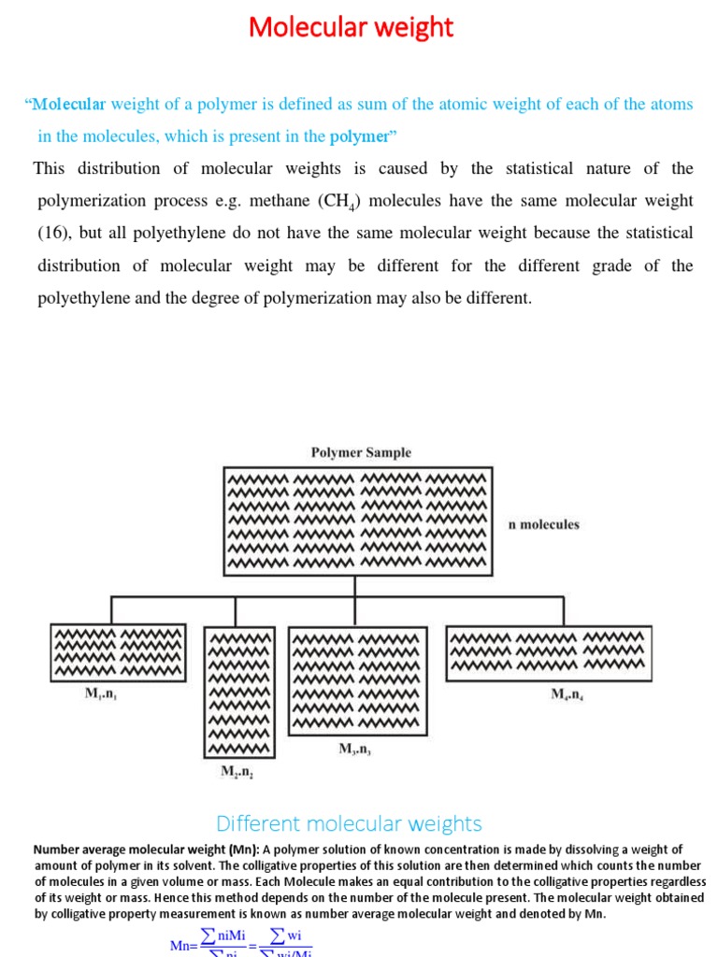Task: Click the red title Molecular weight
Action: point(351,28)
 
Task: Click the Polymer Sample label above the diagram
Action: point(360,452)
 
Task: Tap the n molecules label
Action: point(543,524)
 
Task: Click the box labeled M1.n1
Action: point(118,651)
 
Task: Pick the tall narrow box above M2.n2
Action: point(240,692)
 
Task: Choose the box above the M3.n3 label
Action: point(359,681)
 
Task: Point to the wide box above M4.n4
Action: point(549,652)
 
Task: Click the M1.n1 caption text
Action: point(104,696)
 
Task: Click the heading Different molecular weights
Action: point(349,823)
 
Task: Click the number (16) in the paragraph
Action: point(53,233)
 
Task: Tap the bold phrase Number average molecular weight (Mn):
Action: point(146,850)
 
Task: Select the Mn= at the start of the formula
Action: point(181,946)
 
